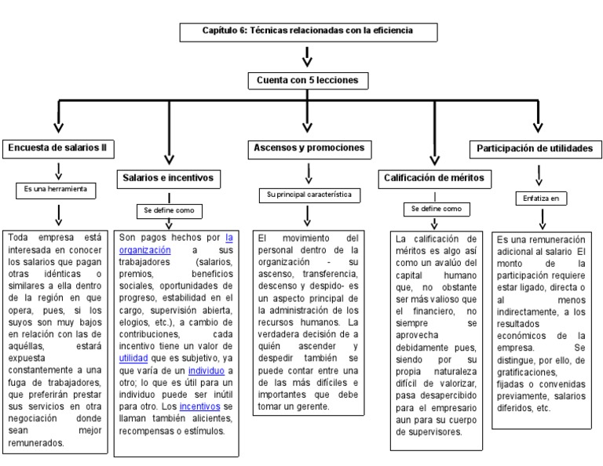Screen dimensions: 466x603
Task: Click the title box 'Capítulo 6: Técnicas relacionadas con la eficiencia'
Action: point(308,32)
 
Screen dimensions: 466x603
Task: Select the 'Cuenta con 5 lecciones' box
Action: point(308,80)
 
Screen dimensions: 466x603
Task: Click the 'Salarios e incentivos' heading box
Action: point(168,178)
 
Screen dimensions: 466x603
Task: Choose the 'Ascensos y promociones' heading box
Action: point(309,147)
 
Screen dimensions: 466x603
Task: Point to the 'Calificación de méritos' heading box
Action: point(433,178)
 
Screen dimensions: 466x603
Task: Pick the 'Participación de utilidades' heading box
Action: point(535,147)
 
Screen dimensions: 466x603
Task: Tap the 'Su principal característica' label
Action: point(308,194)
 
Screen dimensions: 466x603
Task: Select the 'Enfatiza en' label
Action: point(540,198)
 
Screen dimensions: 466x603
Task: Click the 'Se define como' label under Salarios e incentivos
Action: point(169,211)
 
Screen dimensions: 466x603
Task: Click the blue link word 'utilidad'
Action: point(133,357)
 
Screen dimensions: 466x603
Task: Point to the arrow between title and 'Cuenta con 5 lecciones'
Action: point(308,56)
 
